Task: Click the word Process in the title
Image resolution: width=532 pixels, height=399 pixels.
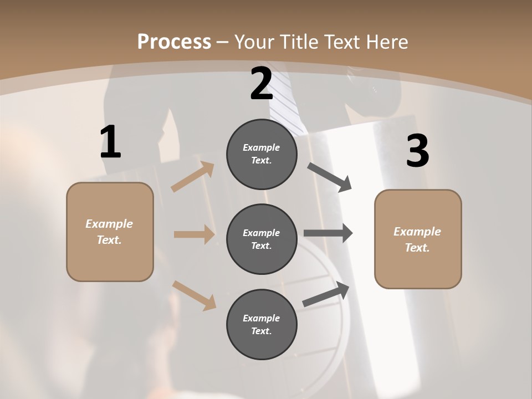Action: pos(174,42)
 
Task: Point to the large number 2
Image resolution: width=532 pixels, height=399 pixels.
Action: pos(262,84)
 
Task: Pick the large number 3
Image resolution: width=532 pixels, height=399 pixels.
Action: pos(417,151)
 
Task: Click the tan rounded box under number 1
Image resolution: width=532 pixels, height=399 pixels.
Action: pos(110,232)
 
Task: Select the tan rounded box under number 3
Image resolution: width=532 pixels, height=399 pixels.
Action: pos(418,239)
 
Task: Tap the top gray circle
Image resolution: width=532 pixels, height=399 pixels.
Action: pos(262,154)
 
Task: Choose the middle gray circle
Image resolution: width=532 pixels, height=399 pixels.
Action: pos(262,239)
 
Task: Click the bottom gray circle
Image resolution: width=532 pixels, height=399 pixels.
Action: pos(262,325)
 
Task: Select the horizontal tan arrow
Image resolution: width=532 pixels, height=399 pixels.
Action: pos(194,234)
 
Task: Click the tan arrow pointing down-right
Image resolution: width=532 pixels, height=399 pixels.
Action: pos(194,295)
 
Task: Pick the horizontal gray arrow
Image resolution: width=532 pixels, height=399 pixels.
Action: pos(328,233)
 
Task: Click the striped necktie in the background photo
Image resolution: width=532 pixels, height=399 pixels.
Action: pos(288,91)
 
